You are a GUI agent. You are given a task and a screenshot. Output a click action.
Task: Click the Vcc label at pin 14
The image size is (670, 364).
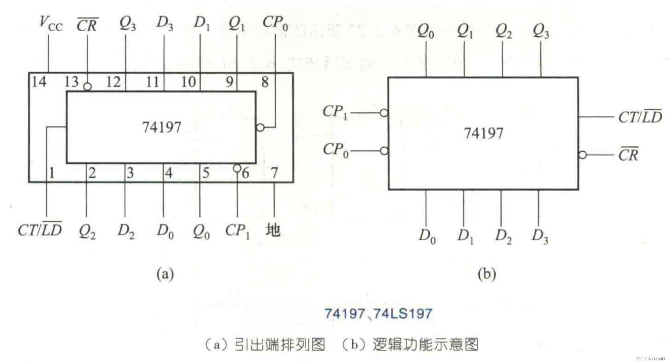(x=51, y=23)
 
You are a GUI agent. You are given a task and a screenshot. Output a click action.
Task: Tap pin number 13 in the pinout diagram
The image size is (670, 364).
(x=71, y=82)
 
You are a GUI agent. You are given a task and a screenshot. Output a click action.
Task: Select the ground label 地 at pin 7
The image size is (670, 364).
(x=273, y=230)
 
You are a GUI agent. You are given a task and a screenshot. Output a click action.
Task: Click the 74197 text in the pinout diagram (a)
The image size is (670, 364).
(x=161, y=127)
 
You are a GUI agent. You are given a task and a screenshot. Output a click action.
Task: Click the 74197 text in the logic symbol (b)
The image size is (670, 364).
(x=483, y=133)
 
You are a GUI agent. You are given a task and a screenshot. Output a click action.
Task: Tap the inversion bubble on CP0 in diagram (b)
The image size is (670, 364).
(x=384, y=151)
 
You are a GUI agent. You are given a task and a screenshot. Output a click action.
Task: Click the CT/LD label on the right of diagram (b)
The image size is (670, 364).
(x=640, y=117)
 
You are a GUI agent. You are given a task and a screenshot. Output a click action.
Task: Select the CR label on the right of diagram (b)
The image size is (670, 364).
(x=628, y=154)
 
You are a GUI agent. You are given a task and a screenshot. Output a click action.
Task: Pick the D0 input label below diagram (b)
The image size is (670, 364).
(x=427, y=236)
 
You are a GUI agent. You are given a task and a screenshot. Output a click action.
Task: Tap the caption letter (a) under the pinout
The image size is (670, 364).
(x=165, y=274)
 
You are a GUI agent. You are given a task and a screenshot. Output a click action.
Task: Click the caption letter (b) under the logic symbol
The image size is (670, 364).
(x=487, y=274)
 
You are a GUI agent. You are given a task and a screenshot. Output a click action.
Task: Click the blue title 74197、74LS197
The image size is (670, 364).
(x=378, y=314)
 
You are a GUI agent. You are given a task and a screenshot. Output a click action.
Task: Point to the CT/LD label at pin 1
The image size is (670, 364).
(x=40, y=229)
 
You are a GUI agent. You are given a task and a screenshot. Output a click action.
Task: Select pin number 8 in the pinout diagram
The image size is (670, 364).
(x=265, y=82)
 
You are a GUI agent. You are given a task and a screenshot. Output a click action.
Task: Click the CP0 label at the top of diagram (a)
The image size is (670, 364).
(x=275, y=23)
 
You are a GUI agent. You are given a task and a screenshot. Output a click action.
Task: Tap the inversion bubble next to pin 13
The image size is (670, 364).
(x=87, y=87)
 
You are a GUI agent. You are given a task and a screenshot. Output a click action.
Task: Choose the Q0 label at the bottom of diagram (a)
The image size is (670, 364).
(x=201, y=231)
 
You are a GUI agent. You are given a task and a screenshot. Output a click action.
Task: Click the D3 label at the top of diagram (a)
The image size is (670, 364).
(x=165, y=23)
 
